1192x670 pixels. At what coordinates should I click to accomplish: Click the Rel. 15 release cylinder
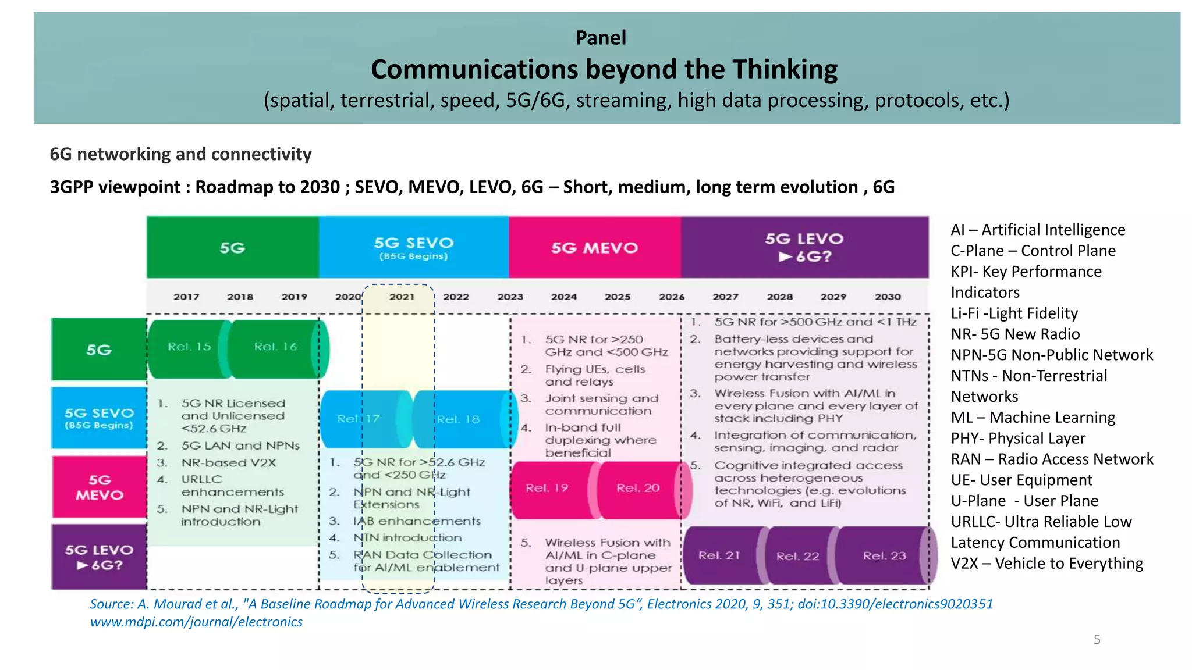[x=189, y=347]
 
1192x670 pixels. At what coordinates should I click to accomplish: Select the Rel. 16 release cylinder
[x=275, y=347]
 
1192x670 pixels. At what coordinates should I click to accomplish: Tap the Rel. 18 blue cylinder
[x=458, y=419]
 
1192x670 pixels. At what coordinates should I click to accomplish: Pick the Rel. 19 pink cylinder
[x=547, y=489]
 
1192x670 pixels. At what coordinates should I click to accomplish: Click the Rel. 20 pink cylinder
[x=638, y=489]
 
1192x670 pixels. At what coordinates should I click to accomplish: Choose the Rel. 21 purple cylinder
[x=719, y=556]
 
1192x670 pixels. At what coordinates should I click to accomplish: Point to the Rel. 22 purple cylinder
[x=797, y=556]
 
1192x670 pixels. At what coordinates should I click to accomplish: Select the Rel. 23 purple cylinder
[x=884, y=556]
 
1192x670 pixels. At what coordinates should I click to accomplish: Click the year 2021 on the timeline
[x=402, y=297]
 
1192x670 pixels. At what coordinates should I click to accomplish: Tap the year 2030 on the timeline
[x=888, y=297]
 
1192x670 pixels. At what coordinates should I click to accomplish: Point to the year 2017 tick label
[x=186, y=297]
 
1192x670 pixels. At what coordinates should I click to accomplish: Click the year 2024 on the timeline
[x=564, y=297]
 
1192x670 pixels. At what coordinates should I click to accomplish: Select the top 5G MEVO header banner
[x=594, y=248]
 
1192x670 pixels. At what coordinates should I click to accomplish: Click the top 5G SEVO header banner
[x=413, y=248]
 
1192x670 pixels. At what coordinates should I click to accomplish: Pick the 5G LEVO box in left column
[x=99, y=557]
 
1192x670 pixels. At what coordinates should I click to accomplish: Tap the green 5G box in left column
[x=99, y=350]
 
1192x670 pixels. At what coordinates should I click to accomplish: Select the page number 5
[x=1097, y=640]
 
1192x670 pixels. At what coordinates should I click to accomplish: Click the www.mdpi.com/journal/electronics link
[x=196, y=622]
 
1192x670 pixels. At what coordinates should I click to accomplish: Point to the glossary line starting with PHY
[x=1018, y=439]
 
